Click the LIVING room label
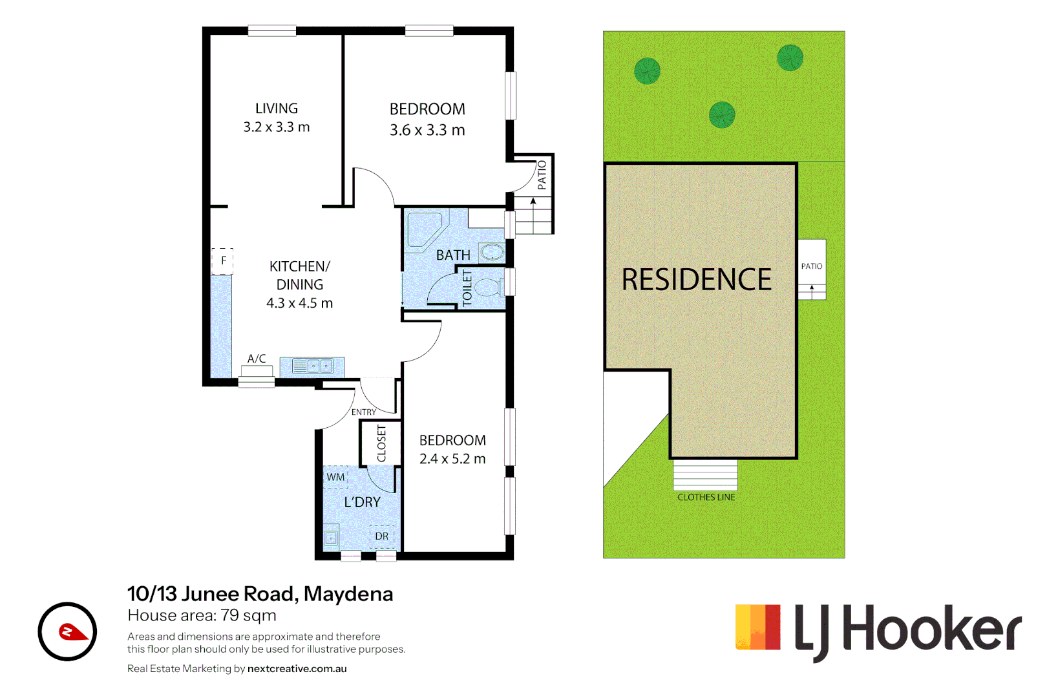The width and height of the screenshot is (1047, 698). [277, 109]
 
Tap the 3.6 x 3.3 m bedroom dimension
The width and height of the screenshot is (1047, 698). [427, 131]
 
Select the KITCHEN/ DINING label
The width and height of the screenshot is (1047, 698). [299, 275]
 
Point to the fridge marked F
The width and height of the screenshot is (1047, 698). [223, 261]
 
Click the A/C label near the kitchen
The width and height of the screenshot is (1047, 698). [257, 359]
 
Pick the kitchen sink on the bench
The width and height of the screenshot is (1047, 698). [313, 366]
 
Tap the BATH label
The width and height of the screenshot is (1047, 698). [453, 255]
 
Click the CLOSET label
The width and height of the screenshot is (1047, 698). [381, 443]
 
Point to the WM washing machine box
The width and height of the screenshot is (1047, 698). [335, 478]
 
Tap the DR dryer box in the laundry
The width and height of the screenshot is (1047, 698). [382, 536]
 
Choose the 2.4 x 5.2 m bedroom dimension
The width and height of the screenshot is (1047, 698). [452, 459]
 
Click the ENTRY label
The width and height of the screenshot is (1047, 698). [364, 412]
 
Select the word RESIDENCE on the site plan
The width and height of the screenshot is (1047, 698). [697, 280]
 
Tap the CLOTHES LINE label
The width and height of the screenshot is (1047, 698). [706, 497]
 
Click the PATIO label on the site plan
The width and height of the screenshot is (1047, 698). [812, 266]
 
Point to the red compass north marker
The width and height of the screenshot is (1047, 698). [72, 631]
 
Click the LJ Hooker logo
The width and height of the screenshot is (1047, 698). [878, 629]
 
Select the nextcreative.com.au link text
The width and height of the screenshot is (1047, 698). [297, 669]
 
